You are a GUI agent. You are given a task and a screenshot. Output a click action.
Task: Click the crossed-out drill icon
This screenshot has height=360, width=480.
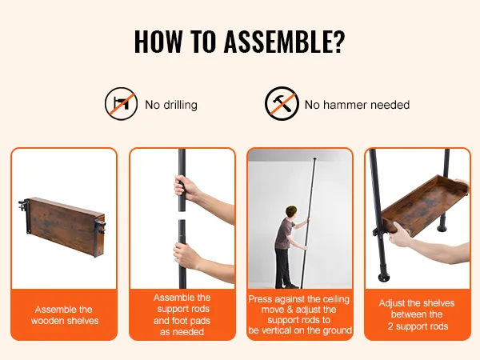[x=121, y=104]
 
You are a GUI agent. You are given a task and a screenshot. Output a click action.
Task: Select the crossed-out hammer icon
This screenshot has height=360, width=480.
[x=282, y=104]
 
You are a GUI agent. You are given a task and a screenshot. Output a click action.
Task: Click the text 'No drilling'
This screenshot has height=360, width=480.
[x=171, y=105]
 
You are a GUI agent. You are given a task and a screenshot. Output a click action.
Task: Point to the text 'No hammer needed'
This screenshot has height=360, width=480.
[x=357, y=105]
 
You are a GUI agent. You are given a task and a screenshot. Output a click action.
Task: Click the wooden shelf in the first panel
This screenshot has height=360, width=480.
[x=66, y=226]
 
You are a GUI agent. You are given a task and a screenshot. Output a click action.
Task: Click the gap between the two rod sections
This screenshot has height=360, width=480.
[x=182, y=215]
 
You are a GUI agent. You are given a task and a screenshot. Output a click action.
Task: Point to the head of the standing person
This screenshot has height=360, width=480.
[x=290, y=213]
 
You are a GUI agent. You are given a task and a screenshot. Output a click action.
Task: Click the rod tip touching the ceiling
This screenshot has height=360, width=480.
[x=314, y=159]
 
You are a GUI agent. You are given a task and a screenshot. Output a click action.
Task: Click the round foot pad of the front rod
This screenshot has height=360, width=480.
[x=383, y=278]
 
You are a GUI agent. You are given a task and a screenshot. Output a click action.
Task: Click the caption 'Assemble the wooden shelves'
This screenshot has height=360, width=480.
[x=64, y=315]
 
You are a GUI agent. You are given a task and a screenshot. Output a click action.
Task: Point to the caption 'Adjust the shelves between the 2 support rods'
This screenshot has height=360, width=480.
[x=417, y=314]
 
